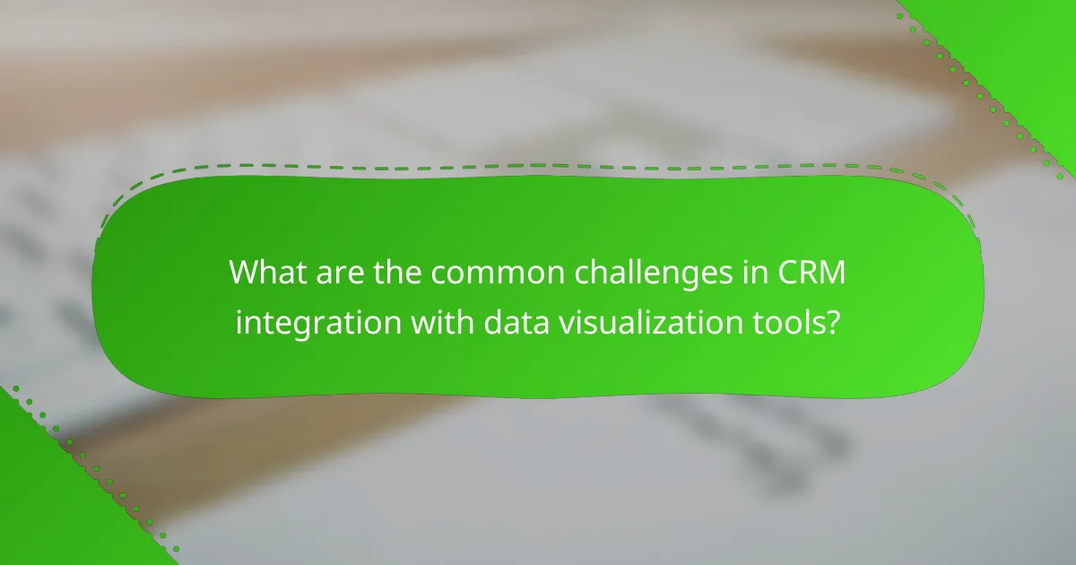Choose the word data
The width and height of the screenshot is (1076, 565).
(x=506, y=321)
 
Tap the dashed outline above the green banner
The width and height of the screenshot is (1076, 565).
(x=538, y=166)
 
